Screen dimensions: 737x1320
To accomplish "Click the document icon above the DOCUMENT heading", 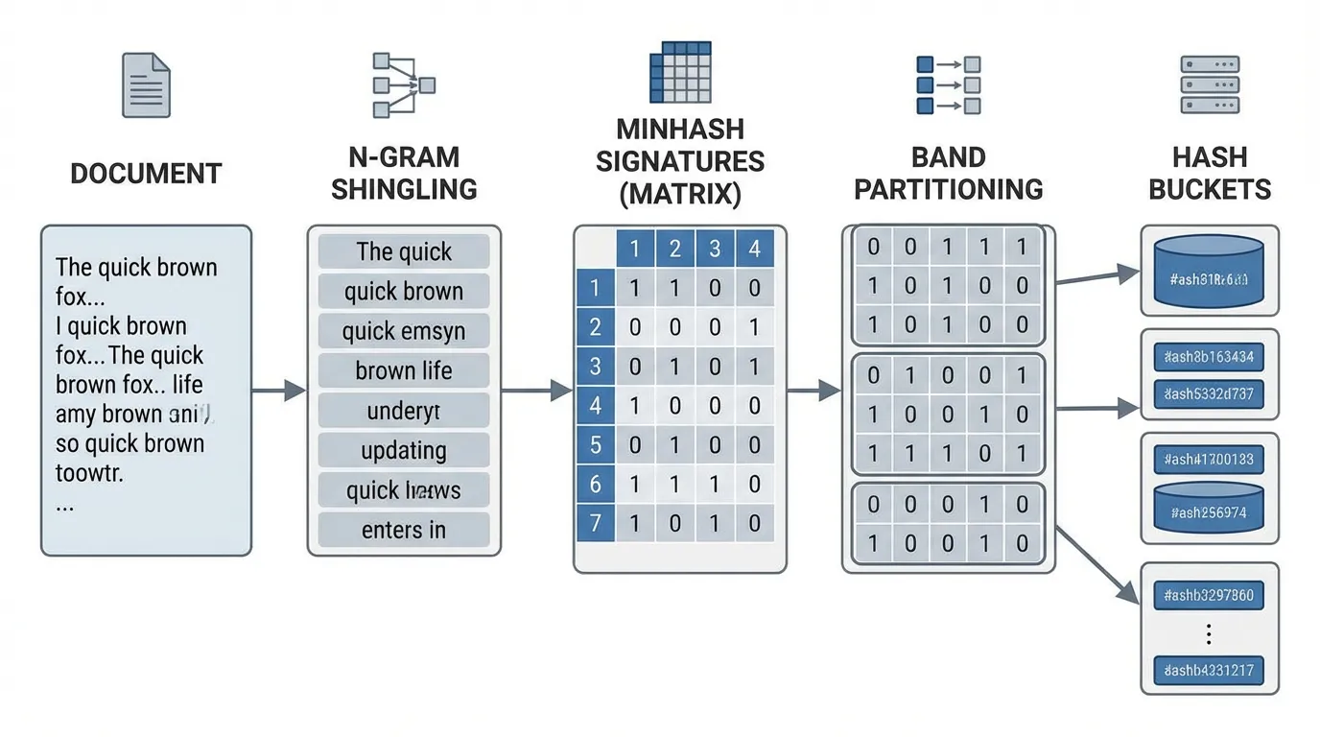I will pos(146,86).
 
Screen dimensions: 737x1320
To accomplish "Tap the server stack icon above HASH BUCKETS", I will pos(1209,86).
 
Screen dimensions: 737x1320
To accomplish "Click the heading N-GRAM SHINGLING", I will pos(404,173).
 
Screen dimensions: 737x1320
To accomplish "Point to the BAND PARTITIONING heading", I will pos(948,173).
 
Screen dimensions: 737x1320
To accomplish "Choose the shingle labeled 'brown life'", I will pos(404,370).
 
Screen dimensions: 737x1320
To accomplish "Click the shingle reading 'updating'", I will pos(404,450).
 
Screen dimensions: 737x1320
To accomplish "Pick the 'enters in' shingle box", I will pos(404,530).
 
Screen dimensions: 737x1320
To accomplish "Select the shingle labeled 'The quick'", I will pos(404,251).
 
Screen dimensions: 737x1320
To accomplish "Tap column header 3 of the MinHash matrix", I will pos(715,250).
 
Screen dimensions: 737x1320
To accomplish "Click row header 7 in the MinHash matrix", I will pos(595,524).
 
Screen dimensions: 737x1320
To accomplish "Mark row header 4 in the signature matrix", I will pos(595,405).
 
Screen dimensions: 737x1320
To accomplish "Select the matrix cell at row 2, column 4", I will pos(755,327).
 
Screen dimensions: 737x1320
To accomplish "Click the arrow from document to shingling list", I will pos(278,390).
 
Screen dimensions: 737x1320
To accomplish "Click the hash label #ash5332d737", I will pos(1208,393).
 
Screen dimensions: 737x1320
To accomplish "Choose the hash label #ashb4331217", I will pos(1208,671).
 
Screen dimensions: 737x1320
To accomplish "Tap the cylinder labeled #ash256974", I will pos(1208,510).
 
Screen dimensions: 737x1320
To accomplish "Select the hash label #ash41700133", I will pos(1208,460).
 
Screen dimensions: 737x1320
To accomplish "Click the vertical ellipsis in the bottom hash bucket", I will pos(1208,633).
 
